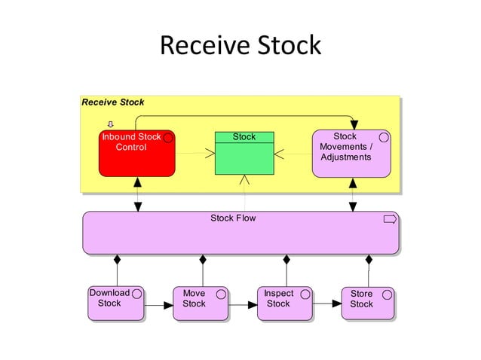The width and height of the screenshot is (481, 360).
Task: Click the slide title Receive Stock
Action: (x=240, y=45)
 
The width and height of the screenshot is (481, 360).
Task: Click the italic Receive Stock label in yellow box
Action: (x=113, y=102)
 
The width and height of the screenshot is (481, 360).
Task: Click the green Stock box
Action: (x=244, y=154)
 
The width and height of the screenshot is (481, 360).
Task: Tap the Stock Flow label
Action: (x=233, y=218)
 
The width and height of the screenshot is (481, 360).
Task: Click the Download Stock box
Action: (x=115, y=303)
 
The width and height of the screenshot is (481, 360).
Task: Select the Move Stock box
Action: (x=200, y=303)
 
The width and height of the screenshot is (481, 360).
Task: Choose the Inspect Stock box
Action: (x=284, y=303)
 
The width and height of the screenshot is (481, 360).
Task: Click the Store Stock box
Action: (x=367, y=303)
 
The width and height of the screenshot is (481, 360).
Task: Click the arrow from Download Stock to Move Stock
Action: (x=158, y=306)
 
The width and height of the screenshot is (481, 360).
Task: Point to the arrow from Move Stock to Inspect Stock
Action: (x=242, y=306)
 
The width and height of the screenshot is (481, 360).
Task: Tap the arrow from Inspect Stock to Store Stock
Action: (x=327, y=304)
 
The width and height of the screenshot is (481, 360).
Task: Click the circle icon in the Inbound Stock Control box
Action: (x=168, y=138)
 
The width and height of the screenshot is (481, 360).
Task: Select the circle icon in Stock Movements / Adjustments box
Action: (x=384, y=137)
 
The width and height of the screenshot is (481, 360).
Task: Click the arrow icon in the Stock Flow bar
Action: (x=390, y=219)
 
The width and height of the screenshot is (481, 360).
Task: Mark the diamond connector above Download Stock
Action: (x=117, y=261)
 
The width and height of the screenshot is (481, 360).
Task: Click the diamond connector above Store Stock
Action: (x=369, y=261)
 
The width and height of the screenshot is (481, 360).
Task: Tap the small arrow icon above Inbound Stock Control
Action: (x=111, y=125)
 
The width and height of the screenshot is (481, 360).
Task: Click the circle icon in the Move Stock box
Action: (x=221, y=294)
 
